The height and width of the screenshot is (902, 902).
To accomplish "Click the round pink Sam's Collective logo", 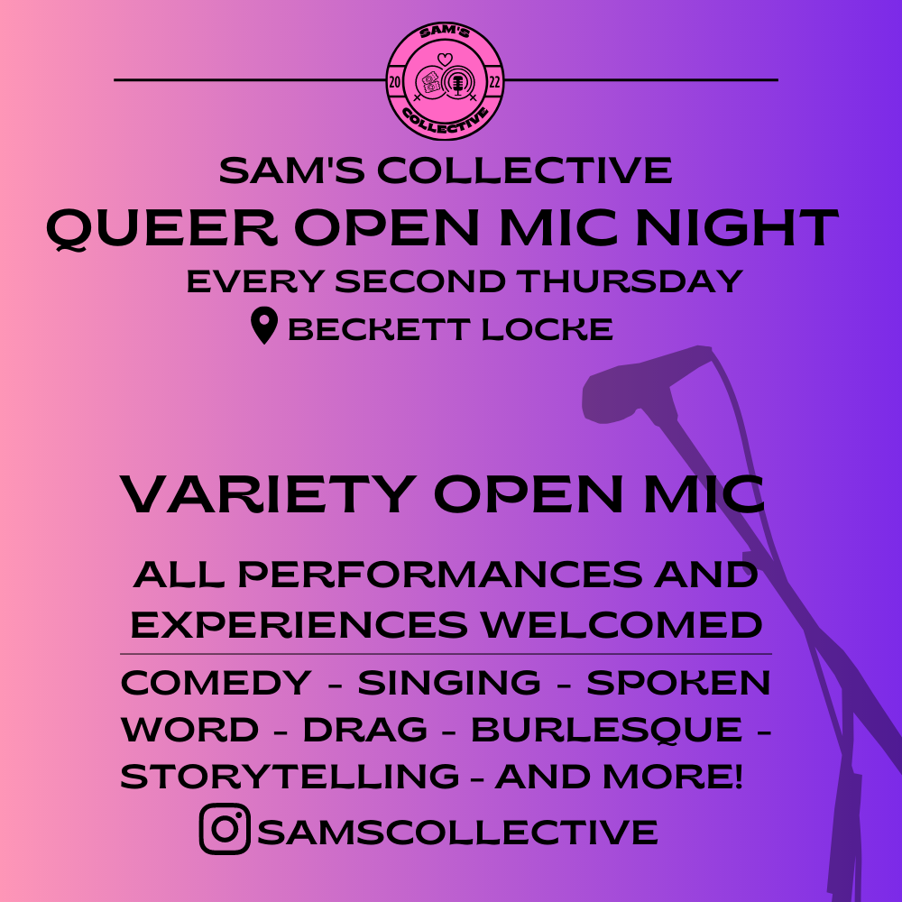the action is coord(445,81).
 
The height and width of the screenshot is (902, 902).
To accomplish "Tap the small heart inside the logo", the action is coord(445,59).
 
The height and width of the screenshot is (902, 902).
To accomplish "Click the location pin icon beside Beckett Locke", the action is coord(264,326).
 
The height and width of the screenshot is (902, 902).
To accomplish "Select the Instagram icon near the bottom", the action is coord(225,828).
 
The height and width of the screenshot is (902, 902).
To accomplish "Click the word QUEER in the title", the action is coord(161,228).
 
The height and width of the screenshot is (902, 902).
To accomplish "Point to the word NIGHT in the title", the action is coord(737,228).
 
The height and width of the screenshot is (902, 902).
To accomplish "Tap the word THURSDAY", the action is coord(630,281).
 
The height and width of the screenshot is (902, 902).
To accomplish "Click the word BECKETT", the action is coord(379,329).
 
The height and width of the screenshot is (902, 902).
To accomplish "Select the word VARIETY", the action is coord(268,494).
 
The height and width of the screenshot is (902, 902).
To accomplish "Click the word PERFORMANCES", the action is coord(440,574).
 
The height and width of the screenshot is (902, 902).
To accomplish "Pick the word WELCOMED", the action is coord(621,625).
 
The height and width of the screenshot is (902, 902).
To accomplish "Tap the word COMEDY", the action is coord(216,683).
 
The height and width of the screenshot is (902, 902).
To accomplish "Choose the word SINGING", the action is coord(449,683).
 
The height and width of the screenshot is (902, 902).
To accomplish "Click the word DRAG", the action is coord(365,730).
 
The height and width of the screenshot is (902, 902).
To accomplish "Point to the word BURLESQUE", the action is coord(607,731).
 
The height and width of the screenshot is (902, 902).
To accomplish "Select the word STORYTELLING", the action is coord(290,777).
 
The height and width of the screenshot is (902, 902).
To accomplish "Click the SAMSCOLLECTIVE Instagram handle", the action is coord(458,833).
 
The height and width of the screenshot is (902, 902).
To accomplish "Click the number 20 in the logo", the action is coord(395,82).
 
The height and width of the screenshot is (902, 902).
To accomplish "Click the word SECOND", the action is coord(420,281).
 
